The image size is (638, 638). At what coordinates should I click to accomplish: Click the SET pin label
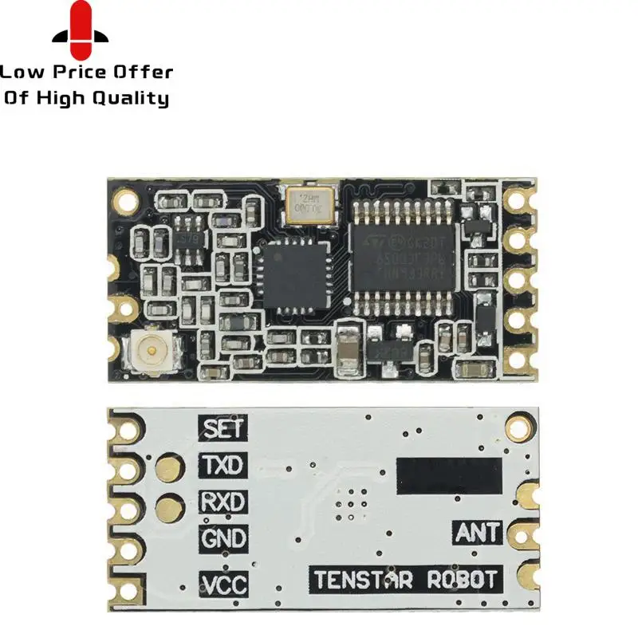[x=223, y=428]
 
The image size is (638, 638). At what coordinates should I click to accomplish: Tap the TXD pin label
[x=223, y=465]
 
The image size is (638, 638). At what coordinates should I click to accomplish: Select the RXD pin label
[x=223, y=502]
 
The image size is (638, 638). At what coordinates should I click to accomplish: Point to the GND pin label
[x=223, y=539]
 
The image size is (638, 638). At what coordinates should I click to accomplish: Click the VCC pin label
[x=223, y=584]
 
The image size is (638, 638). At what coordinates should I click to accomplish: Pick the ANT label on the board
[x=477, y=532]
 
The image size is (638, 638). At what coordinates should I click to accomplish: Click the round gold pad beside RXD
[x=169, y=505]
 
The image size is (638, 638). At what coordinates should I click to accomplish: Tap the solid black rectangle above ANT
[x=449, y=474]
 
